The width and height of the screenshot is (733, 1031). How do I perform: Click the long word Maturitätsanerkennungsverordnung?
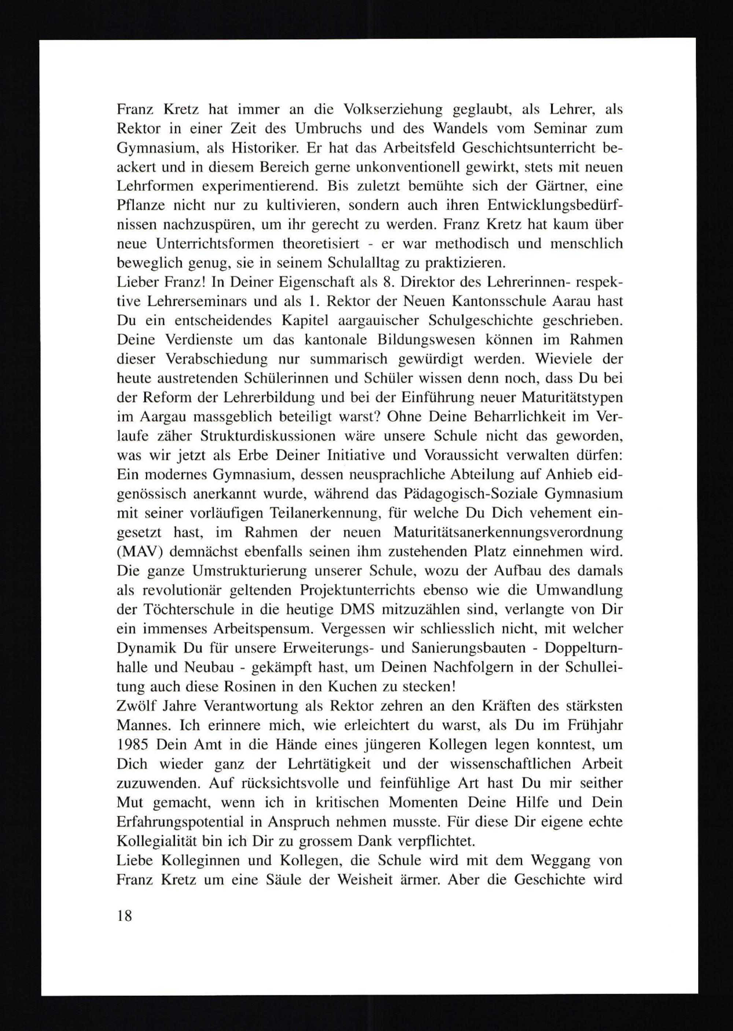508,533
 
